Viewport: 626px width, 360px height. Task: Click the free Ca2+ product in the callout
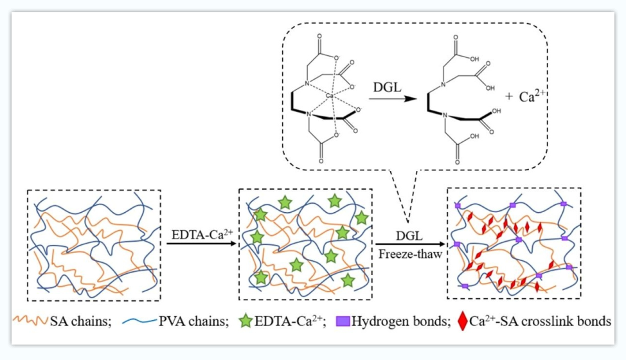534,97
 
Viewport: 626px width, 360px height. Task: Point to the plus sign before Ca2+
510,98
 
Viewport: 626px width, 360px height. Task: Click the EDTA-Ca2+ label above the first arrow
199,233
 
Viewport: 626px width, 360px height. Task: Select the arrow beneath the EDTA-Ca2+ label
199,245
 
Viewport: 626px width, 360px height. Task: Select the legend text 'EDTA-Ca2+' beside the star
285,321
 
